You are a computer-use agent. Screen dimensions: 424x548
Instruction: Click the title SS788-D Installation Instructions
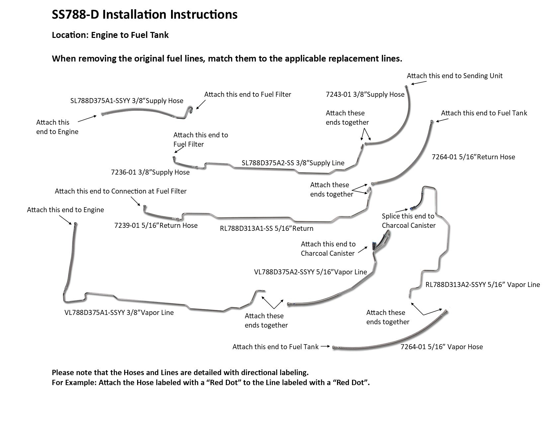pyautogui.click(x=144, y=15)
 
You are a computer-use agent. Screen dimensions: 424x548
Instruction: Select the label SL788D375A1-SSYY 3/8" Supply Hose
pyautogui.click(x=127, y=101)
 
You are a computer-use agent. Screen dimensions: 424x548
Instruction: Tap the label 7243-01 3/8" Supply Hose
pyautogui.click(x=365, y=94)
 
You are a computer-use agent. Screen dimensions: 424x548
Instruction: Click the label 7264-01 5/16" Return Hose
pyautogui.click(x=473, y=157)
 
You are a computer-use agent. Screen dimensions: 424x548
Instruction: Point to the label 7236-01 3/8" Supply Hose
pyautogui.click(x=150, y=172)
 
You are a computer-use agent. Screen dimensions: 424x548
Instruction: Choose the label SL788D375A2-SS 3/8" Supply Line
pyautogui.click(x=293, y=163)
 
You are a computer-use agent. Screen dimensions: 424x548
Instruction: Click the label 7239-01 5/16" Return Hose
pyautogui.click(x=156, y=225)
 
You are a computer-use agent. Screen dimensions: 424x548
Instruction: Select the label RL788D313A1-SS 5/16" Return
pyautogui.click(x=266, y=228)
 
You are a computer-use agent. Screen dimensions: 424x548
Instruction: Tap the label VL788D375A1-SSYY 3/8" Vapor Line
pyautogui.click(x=119, y=313)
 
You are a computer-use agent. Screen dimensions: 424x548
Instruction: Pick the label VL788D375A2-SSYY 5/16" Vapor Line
pyautogui.click(x=310, y=272)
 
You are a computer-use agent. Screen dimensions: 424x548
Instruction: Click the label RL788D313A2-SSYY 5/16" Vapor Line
pyautogui.click(x=483, y=285)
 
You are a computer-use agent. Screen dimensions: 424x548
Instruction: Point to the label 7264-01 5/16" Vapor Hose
pyautogui.click(x=441, y=347)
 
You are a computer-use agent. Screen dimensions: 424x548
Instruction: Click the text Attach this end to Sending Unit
pyautogui.click(x=454, y=76)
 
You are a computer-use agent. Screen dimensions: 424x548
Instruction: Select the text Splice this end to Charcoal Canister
pyautogui.click(x=409, y=221)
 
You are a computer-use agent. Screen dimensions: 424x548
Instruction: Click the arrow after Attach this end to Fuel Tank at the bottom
pyautogui.click(x=325, y=347)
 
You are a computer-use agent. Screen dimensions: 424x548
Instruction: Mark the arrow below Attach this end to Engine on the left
pyautogui.click(x=65, y=219)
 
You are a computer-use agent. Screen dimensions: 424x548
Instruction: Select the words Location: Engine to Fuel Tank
pyautogui.click(x=110, y=35)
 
